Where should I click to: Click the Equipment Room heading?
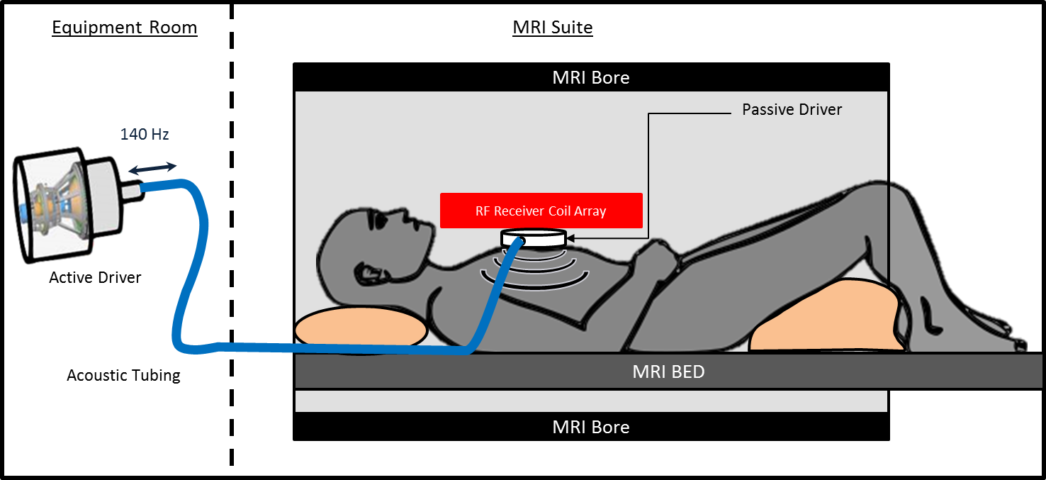point(125,28)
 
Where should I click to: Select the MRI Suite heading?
point(553,28)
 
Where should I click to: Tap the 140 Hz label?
point(145,134)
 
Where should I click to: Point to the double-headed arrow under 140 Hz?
point(153,168)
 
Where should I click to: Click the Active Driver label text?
point(95,277)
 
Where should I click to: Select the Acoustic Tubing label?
point(123,375)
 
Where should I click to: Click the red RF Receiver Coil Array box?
point(541,211)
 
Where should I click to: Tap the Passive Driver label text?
point(792,110)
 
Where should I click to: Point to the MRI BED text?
point(668,372)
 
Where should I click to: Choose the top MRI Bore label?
point(590,77)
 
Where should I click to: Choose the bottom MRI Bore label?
point(590,427)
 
